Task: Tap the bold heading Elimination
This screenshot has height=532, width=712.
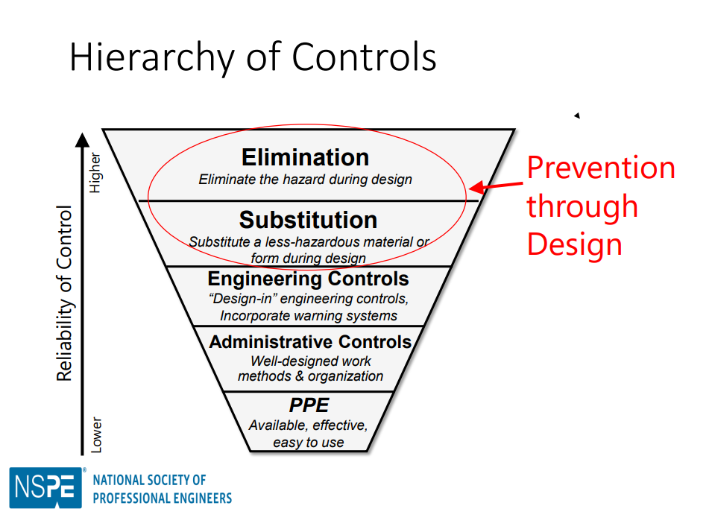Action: [305, 157]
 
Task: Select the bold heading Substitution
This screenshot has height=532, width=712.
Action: [308, 220]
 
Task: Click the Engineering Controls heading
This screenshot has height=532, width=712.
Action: [308, 279]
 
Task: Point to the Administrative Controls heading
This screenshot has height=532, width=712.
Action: [310, 342]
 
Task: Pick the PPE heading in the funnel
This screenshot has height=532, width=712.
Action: [308, 405]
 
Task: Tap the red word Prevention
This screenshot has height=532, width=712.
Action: [601, 168]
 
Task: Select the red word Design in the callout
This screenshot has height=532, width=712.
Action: [574, 244]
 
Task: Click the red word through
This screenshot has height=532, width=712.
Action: [582, 206]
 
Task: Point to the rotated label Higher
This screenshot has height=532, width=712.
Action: [95, 174]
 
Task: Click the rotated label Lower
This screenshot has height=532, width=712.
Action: [96, 434]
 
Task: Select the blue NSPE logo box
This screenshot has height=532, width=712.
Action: [45, 488]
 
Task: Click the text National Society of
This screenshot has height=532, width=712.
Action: [149, 481]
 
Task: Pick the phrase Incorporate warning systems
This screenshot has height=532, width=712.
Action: [308, 315]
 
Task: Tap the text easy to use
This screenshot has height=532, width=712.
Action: [308, 442]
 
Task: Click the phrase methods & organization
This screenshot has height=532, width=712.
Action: [310, 376]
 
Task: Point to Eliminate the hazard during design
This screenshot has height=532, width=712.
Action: [305, 180]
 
